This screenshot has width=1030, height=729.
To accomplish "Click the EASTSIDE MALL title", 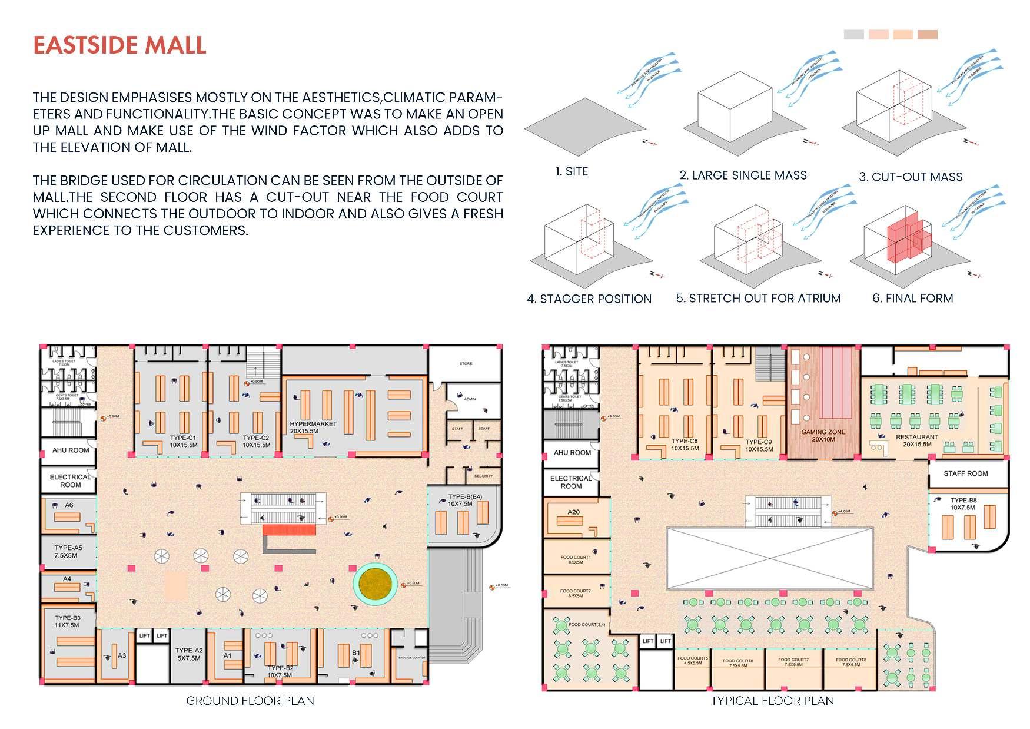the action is [x=119, y=45].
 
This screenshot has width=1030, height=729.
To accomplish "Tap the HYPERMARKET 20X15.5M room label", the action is [x=313, y=428].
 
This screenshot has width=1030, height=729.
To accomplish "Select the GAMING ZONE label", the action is [x=823, y=435].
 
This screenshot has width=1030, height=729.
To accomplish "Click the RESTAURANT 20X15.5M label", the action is [x=916, y=440].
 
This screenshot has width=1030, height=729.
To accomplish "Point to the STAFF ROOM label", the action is [x=965, y=473].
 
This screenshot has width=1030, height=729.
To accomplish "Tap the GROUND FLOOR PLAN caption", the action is [x=250, y=701].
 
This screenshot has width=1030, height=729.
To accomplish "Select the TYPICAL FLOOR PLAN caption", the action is [x=772, y=701].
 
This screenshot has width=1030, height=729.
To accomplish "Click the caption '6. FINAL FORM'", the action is [x=912, y=299].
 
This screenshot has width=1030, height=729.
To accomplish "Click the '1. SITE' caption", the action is [x=572, y=171].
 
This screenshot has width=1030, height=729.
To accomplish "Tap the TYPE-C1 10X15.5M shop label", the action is [x=183, y=441].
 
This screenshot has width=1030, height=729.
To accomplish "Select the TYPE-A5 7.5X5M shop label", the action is [x=68, y=551].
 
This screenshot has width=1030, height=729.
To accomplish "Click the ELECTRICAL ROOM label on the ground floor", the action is [x=70, y=481].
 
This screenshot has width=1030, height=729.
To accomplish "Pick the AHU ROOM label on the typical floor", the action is [x=572, y=453].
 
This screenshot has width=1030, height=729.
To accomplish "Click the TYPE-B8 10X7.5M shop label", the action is [x=963, y=504].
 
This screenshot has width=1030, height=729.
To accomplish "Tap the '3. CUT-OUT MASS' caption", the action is [x=911, y=177].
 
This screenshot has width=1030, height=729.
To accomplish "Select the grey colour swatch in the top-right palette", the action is [x=853, y=35].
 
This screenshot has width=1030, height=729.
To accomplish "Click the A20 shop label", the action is [x=573, y=512].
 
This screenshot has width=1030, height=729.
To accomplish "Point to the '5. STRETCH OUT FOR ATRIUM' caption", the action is [x=758, y=299].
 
